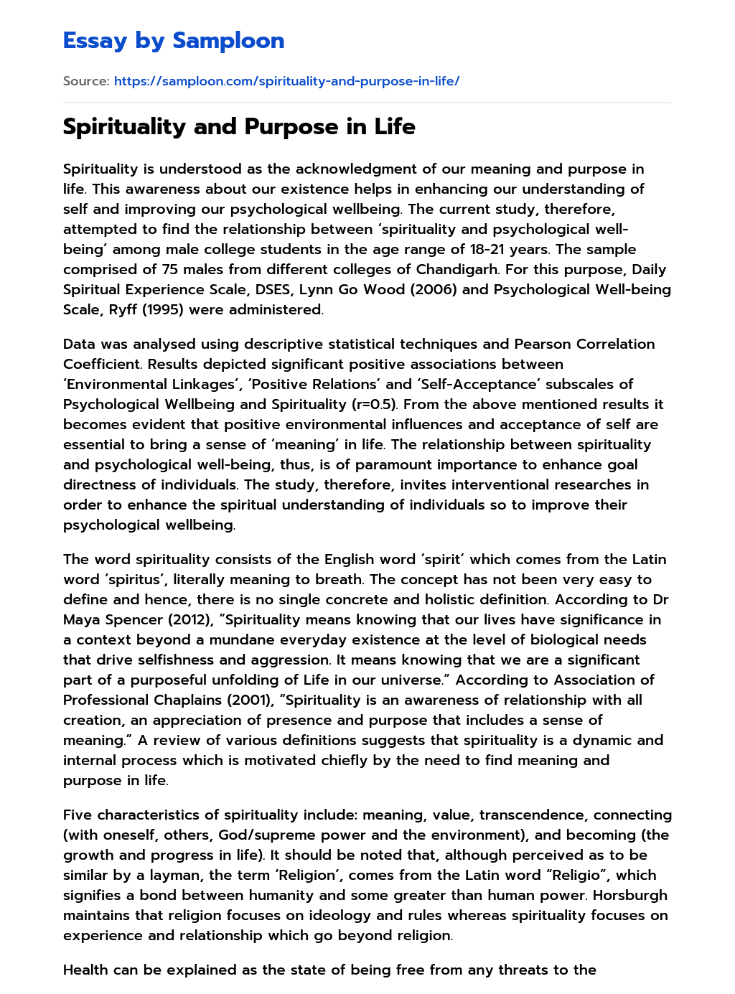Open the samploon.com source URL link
[286, 81]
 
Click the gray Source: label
[86, 81]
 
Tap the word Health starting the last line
[86, 970]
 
